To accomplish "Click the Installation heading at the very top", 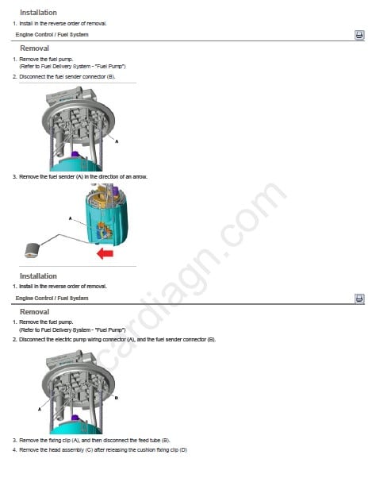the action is point(38,13).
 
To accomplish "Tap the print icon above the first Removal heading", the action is point(359,34).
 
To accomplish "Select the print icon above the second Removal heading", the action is point(359,299).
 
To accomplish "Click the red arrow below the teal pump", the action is point(105,254).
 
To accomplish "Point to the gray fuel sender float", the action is point(33,250).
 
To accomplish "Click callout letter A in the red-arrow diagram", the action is point(71,218).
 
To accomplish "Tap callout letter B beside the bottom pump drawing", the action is point(117,398).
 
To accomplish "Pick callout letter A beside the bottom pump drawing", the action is point(40,409).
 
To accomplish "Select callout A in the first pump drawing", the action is point(117,141).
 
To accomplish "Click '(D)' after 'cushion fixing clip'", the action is point(183,450).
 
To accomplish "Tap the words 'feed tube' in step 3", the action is point(151,441).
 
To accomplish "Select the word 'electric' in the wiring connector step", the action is point(55,340).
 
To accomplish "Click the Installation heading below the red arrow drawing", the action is point(38,276).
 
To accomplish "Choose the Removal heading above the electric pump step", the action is point(34,312).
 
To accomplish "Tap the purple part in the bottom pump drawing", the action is point(75,418).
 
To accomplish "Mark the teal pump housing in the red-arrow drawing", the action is point(106,221).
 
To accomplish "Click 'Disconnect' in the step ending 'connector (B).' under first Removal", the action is point(33,77).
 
